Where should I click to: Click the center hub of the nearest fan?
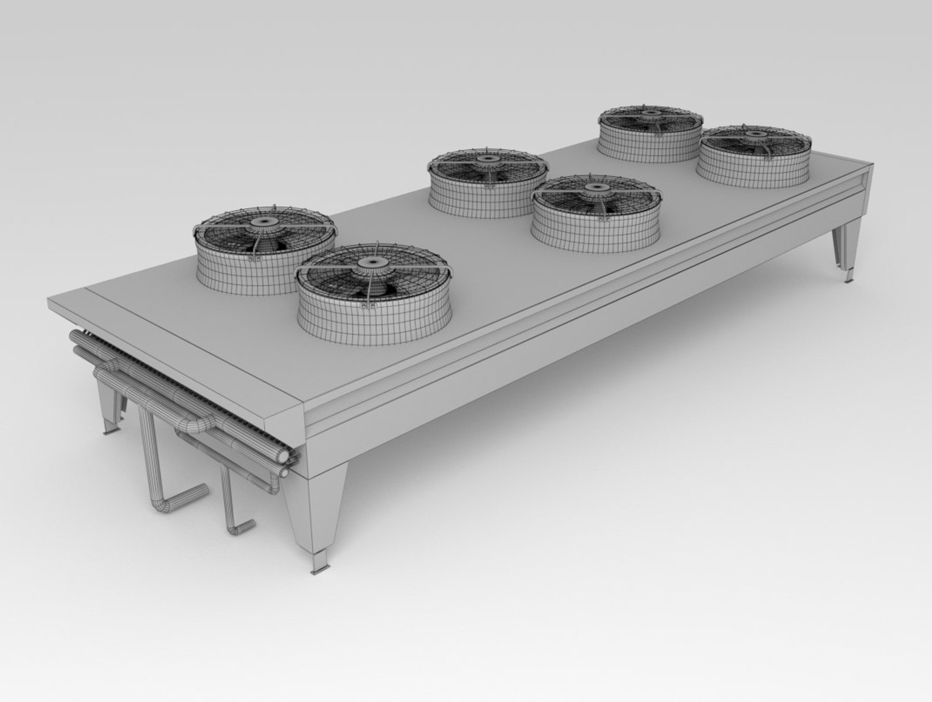372,261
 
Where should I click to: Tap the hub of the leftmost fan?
264,222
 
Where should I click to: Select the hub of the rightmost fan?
755,135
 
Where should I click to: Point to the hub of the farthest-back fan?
650,112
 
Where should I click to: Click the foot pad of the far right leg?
848,279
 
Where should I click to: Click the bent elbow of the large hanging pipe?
162,504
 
